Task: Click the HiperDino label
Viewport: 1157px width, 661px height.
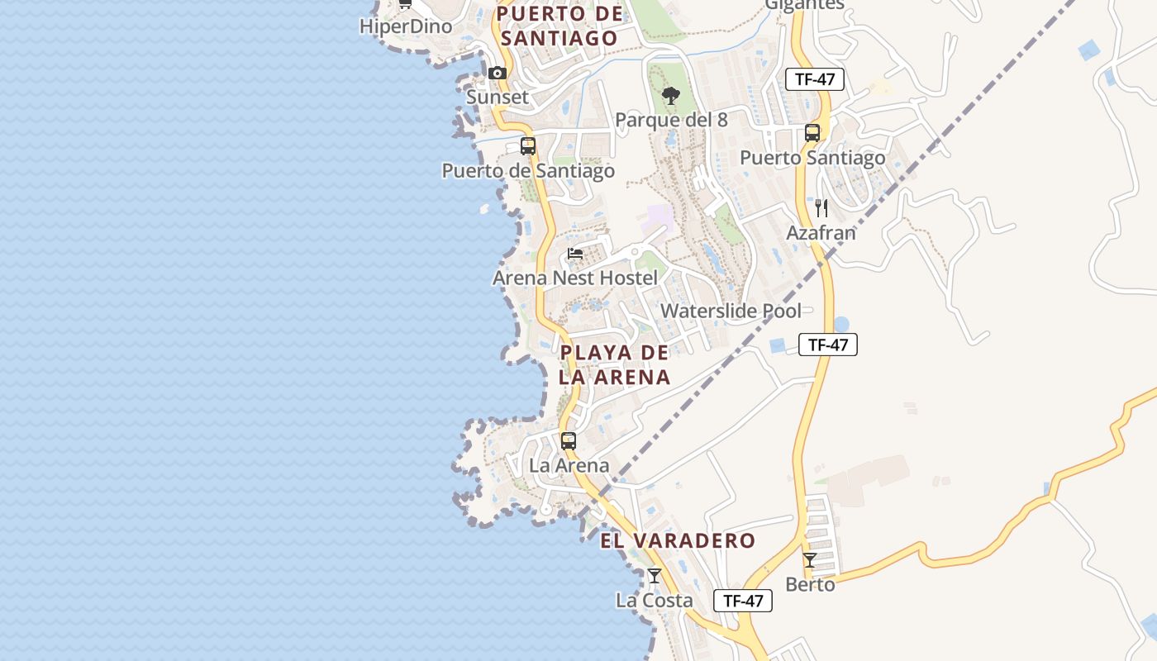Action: point(406,26)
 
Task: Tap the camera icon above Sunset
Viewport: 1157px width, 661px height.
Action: point(497,74)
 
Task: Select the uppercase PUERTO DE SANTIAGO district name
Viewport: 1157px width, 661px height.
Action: point(560,26)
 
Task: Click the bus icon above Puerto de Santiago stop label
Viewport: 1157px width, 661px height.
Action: point(528,146)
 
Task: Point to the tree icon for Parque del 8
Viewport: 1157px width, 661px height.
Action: point(671,96)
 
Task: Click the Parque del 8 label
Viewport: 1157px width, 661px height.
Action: point(671,120)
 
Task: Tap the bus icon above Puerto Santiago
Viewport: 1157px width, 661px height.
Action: point(812,133)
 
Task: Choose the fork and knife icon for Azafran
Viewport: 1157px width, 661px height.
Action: point(821,208)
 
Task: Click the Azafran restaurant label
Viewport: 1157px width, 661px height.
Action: point(821,233)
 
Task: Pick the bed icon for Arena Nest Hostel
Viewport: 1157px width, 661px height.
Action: point(575,254)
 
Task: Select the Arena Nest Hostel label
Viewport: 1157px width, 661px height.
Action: point(575,278)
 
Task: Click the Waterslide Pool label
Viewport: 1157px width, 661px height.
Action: point(731,311)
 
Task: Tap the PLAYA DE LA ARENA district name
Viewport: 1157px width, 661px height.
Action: point(614,365)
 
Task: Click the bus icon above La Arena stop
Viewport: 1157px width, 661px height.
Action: point(569,441)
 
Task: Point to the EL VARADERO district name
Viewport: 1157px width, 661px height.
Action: point(678,541)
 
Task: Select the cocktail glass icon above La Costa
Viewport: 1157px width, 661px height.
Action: point(655,576)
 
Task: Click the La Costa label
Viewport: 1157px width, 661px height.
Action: point(655,601)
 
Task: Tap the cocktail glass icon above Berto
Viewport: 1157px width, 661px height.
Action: point(810,560)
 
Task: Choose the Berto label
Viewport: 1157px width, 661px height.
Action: point(810,585)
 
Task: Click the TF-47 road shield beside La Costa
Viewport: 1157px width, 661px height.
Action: point(743,601)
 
